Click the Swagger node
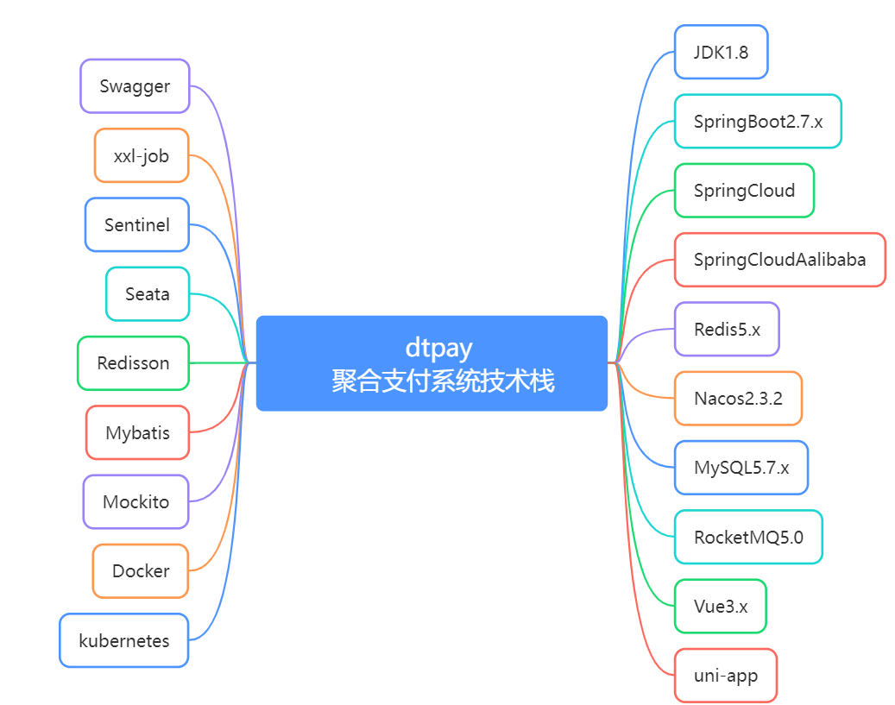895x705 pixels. pos(135,86)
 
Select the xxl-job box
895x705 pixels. pos(142,155)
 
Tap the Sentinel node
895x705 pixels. pos(137,225)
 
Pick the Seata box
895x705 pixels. pos(148,294)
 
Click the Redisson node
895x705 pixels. pos(133,363)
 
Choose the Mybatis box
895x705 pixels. pos(137,432)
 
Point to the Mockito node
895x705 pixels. pos(136,501)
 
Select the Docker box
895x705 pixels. pos(141,571)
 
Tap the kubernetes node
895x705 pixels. pos(124,640)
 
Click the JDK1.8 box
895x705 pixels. pos(721,52)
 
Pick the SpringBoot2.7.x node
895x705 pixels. pos(758,121)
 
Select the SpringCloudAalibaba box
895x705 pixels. pos(779,260)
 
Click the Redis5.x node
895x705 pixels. pos(727,330)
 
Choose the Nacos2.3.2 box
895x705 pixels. pos(738,399)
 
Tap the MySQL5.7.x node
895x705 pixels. pos(741,468)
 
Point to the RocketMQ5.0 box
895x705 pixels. pos(748,538)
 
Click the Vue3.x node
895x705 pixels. pos(721,607)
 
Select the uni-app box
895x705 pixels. pos(726,676)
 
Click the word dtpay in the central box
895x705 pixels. pos(439,349)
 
